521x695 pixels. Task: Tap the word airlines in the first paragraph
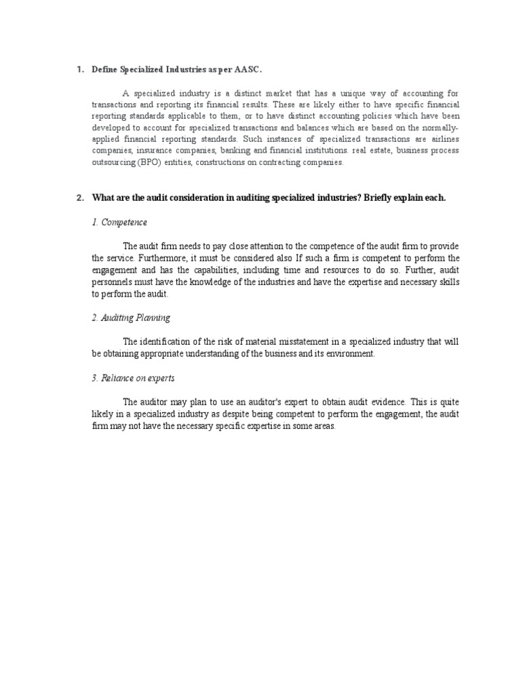tap(444, 139)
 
